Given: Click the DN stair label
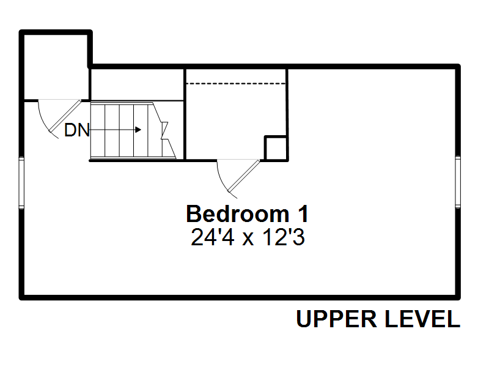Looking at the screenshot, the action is (77, 130).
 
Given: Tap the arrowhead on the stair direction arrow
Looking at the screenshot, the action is (138, 130).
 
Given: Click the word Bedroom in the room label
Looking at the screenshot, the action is (238, 213).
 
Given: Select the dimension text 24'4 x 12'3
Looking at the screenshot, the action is (248, 237).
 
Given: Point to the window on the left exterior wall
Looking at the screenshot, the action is (21, 182).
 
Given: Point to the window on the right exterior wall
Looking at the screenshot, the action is (457, 182).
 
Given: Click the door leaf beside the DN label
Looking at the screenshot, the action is (65, 116).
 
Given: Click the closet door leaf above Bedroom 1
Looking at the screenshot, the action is (243, 176).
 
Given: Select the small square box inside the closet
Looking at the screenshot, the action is (276, 148).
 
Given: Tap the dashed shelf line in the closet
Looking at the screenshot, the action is (236, 84).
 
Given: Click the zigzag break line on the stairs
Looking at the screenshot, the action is (164, 130).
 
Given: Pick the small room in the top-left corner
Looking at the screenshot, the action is (56, 67).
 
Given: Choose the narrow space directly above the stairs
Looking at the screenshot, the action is (137, 84).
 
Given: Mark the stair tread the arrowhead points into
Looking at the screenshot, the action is (141, 130).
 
